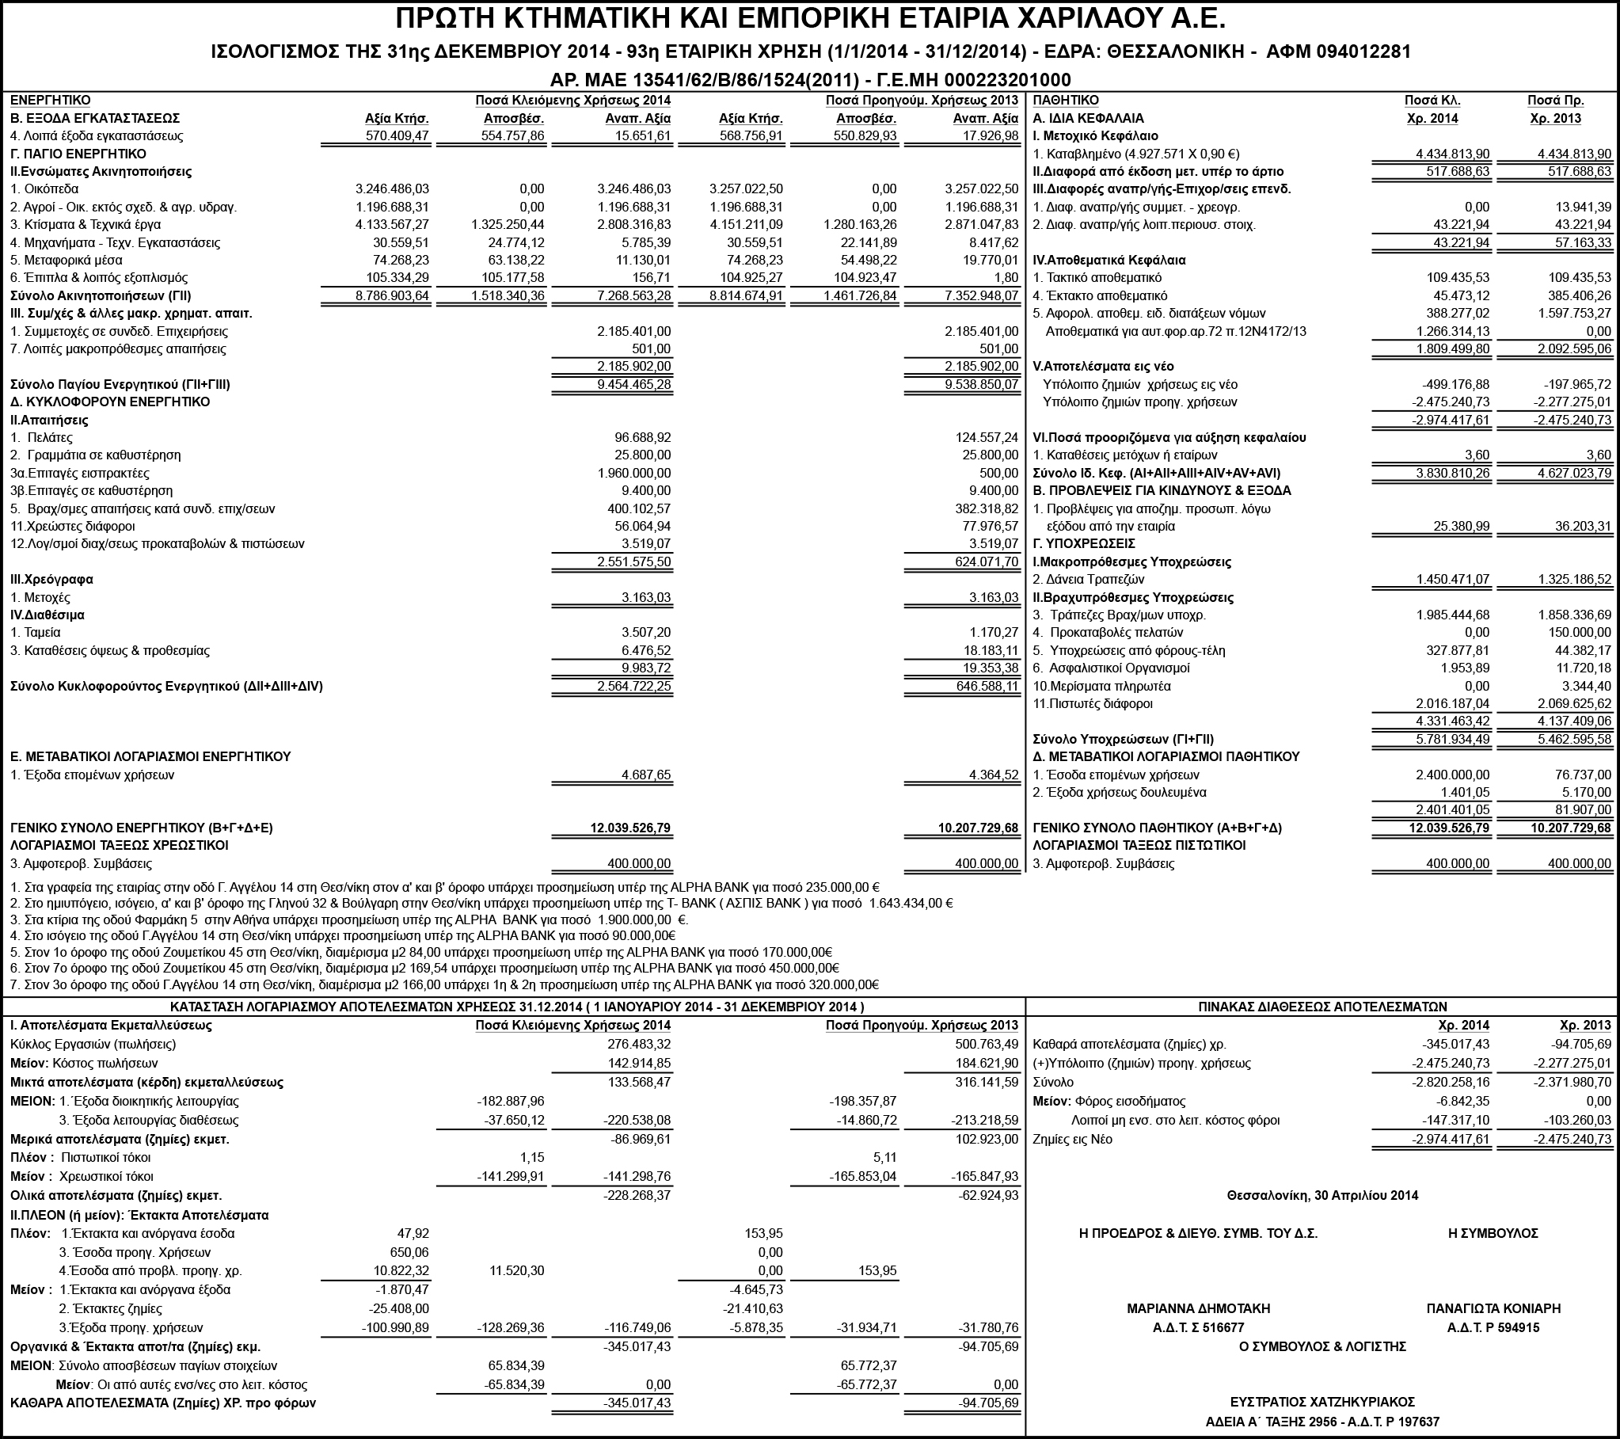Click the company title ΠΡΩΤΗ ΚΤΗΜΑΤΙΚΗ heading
tap(810, 19)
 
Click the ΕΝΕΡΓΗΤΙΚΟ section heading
tap(50, 101)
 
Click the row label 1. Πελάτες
tap(41, 438)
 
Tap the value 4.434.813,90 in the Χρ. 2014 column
tap(1452, 154)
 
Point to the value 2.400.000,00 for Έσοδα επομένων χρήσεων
tap(1452, 775)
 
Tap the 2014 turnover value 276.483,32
tap(638, 1044)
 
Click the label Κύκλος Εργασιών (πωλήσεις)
tap(93, 1044)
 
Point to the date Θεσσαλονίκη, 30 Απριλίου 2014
tap(1322, 1195)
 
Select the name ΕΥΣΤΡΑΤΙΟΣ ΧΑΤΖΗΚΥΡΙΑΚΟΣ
tap(1322, 1402)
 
